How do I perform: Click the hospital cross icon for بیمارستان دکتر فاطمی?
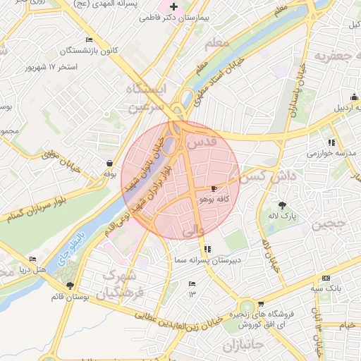(173, 6)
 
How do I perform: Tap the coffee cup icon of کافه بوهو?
(214, 189)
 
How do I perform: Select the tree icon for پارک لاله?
(283, 205)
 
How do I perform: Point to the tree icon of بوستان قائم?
(70, 286)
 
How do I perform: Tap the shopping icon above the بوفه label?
(109, 163)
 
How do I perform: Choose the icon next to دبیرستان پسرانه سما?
(207, 249)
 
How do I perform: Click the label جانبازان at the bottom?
(242, 346)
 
